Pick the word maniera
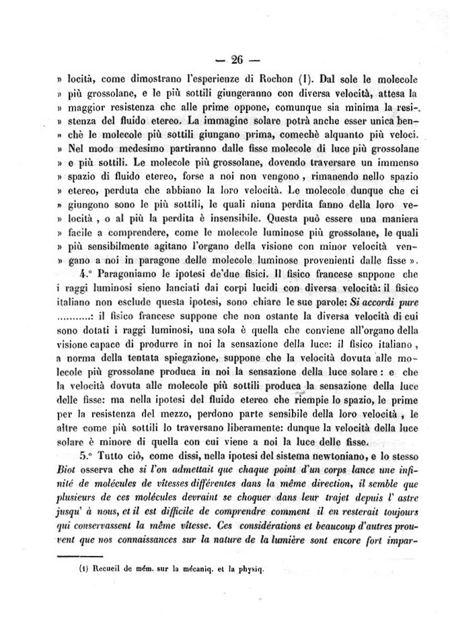coord(397,218)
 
